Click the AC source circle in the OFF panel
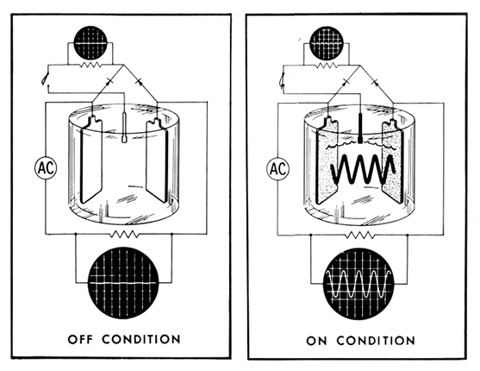pyautogui.click(x=46, y=167)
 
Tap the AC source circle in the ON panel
pyautogui.click(x=278, y=168)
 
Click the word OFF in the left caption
pyautogui.click(x=80, y=339)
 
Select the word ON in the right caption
pyautogui.click(x=316, y=341)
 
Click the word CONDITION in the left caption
pyautogui.click(x=141, y=339)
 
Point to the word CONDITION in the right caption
pyautogui.click(x=376, y=341)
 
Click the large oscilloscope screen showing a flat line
pyautogui.click(x=124, y=283)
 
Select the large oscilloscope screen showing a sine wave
pyautogui.click(x=358, y=284)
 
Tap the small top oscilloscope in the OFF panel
pyautogui.click(x=90, y=42)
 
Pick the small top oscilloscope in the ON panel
pyautogui.click(x=327, y=43)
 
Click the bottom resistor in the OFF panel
pyautogui.click(x=124, y=235)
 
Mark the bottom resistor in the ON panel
pyautogui.click(x=359, y=236)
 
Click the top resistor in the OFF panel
pyautogui.click(x=90, y=65)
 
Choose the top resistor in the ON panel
pyautogui.click(x=327, y=66)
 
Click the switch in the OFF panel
pyautogui.click(x=47, y=80)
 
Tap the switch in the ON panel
pyautogui.click(x=283, y=80)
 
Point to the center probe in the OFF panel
pyautogui.click(x=125, y=128)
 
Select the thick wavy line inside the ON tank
pyautogui.click(x=363, y=169)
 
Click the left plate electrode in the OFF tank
pyautogui.click(x=91, y=160)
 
